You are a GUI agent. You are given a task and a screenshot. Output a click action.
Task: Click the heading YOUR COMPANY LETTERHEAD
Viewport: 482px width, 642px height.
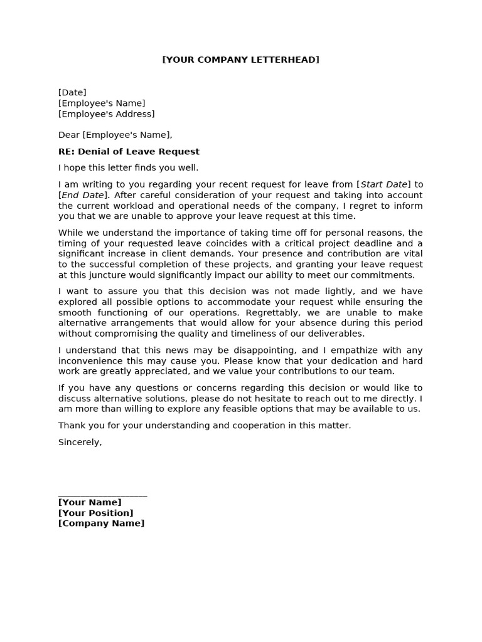click(x=240, y=60)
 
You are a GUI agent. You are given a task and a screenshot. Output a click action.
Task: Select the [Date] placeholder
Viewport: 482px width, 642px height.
click(x=72, y=93)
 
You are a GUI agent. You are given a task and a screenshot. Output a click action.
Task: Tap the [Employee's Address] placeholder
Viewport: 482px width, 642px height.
click(x=106, y=114)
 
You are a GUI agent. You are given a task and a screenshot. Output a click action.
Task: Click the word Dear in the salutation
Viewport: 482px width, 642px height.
click(x=69, y=135)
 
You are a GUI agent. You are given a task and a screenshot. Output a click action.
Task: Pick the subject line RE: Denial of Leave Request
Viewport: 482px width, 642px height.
click(x=129, y=152)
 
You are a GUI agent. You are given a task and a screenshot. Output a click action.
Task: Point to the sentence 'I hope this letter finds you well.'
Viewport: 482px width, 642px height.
click(x=128, y=168)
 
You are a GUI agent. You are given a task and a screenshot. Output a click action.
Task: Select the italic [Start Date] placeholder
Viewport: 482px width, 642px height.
click(x=384, y=184)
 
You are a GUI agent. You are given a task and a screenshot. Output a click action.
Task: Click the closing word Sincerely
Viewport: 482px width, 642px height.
click(x=80, y=442)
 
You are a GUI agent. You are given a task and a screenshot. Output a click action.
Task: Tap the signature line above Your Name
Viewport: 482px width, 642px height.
click(x=102, y=495)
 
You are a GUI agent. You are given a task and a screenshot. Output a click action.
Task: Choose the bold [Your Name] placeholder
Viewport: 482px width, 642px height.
click(x=90, y=502)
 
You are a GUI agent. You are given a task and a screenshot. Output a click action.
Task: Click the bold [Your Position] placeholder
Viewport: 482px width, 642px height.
click(x=95, y=513)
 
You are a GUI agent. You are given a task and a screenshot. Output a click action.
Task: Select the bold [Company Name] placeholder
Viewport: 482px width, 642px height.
click(x=101, y=524)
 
